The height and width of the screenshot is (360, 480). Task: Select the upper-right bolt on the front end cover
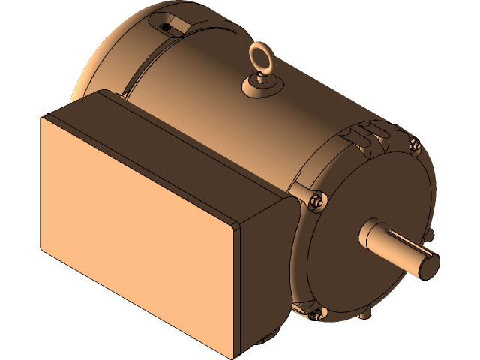[x=414, y=145]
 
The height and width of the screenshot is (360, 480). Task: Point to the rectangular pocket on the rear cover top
[x=171, y=19]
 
